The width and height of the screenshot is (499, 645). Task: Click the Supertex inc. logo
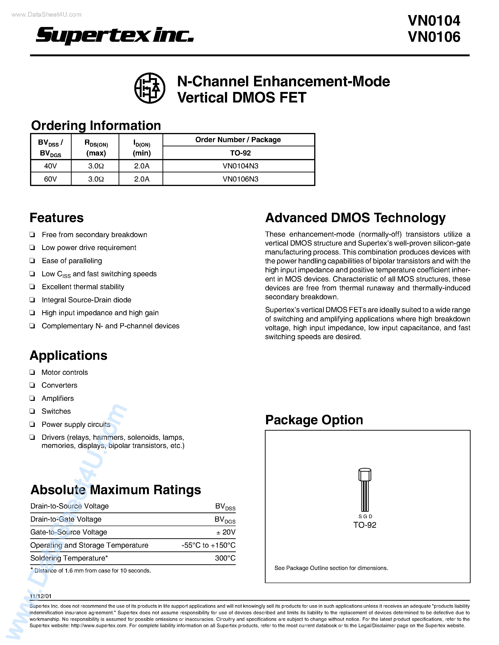(115, 35)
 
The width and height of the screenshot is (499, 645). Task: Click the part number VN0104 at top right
(434, 21)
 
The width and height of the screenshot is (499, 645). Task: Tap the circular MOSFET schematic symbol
(150, 88)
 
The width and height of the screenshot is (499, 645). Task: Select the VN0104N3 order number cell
(240, 166)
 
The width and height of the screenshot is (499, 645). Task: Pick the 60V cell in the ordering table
(50, 179)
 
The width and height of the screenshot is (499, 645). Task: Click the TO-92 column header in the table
(240, 153)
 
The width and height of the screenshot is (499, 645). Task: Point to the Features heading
(56, 218)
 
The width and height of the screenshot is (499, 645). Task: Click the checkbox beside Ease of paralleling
(32, 261)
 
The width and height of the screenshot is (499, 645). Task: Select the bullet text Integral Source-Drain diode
(86, 300)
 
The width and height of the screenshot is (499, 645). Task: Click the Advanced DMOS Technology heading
(355, 218)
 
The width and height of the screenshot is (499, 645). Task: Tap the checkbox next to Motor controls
(32, 372)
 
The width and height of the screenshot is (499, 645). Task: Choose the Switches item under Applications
(56, 411)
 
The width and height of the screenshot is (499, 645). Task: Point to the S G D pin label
(365, 516)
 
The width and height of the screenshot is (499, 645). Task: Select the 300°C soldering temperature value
(225, 558)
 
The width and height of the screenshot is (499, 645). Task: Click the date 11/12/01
(40, 596)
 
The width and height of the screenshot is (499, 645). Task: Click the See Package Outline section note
(331, 568)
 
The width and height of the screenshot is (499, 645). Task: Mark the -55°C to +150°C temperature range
(209, 545)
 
